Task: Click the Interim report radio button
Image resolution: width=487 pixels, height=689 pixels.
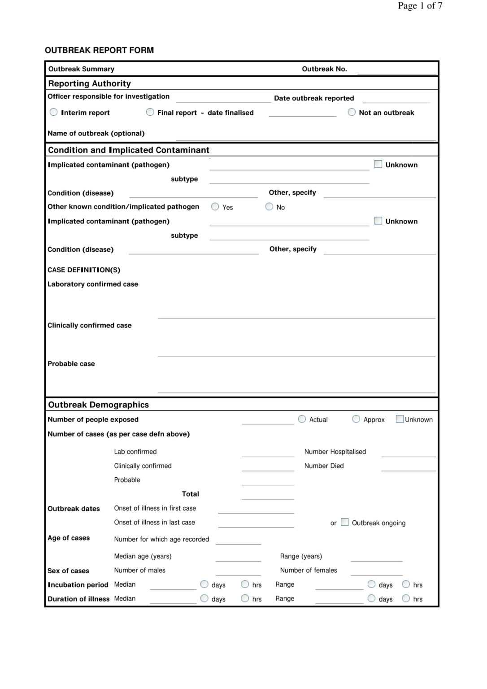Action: (54, 112)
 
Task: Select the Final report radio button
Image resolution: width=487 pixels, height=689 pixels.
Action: (150, 112)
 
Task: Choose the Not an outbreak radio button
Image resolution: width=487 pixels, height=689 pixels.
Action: (352, 112)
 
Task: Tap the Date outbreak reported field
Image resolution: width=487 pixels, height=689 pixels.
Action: (396, 99)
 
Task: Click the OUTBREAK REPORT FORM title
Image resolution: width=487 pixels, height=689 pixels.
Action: (99, 50)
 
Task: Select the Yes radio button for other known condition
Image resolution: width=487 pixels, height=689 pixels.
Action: (215, 206)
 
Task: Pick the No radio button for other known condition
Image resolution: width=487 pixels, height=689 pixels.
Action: (270, 206)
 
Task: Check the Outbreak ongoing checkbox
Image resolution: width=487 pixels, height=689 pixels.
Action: (345, 522)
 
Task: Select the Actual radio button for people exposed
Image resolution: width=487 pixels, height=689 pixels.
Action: (302, 419)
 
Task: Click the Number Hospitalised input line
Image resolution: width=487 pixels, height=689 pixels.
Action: (408, 453)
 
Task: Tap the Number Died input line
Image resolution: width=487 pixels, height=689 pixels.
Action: (408, 467)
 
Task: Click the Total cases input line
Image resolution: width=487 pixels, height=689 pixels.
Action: (268, 495)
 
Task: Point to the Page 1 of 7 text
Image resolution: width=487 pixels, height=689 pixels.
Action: (420, 6)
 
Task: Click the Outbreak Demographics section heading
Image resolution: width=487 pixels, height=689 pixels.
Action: (99, 405)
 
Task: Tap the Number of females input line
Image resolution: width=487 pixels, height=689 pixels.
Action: (377, 571)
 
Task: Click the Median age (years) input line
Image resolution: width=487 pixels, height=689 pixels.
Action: (238, 557)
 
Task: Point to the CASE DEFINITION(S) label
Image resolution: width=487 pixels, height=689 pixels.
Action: (84, 270)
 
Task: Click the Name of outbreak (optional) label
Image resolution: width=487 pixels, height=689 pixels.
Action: (96, 133)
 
